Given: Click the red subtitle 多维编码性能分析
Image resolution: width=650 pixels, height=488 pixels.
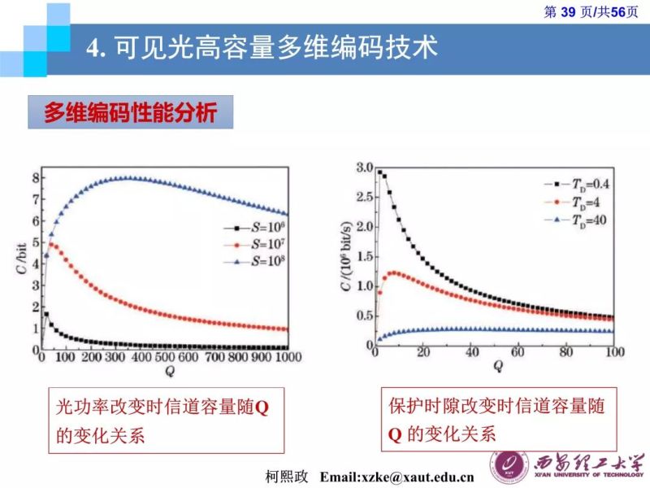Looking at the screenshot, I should coord(130,113).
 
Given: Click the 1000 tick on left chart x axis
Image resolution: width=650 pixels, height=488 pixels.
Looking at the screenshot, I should coord(285,358).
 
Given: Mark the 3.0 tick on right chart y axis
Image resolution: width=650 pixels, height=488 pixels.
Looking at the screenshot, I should coord(362,168).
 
